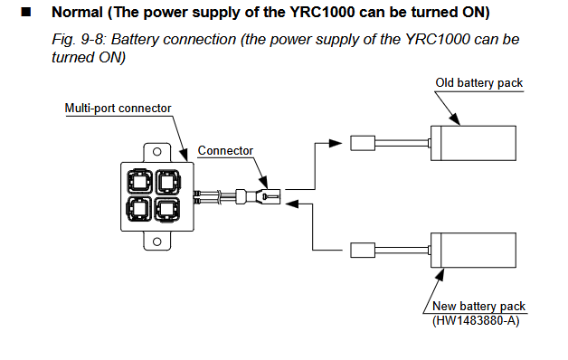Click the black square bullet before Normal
(26, 12)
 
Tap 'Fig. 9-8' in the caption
(78, 40)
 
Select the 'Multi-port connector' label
(118, 108)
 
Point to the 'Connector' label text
(225, 150)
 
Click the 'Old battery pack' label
(478, 83)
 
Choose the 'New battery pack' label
(478, 306)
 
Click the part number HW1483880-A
(476, 320)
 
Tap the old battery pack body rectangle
(473, 143)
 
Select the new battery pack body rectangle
(473, 251)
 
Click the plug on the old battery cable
(363, 143)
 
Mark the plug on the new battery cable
(363, 251)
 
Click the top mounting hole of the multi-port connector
(156, 152)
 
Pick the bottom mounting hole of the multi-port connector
(156, 242)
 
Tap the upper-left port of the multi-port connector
(139, 181)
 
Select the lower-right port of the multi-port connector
(167, 209)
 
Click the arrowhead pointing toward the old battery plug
(335, 143)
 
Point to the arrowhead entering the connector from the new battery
(292, 204)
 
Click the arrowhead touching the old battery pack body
(455, 119)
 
